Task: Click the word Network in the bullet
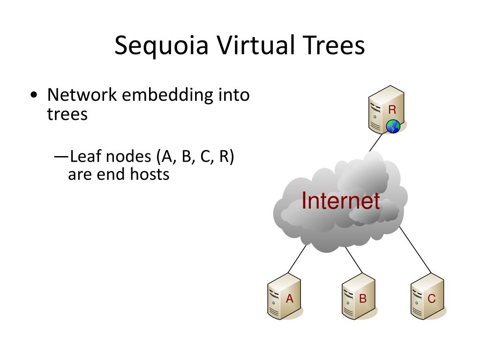click(82, 95)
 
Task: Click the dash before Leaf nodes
click(61, 157)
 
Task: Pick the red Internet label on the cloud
click(341, 201)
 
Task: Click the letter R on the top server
click(392, 110)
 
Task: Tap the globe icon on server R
click(393, 126)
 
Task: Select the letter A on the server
click(290, 299)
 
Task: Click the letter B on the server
click(363, 299)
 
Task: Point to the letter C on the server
click(432, 299)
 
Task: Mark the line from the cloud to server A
click(297, 259)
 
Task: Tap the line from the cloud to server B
click(354, 260)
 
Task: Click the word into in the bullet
click(234, 95)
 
